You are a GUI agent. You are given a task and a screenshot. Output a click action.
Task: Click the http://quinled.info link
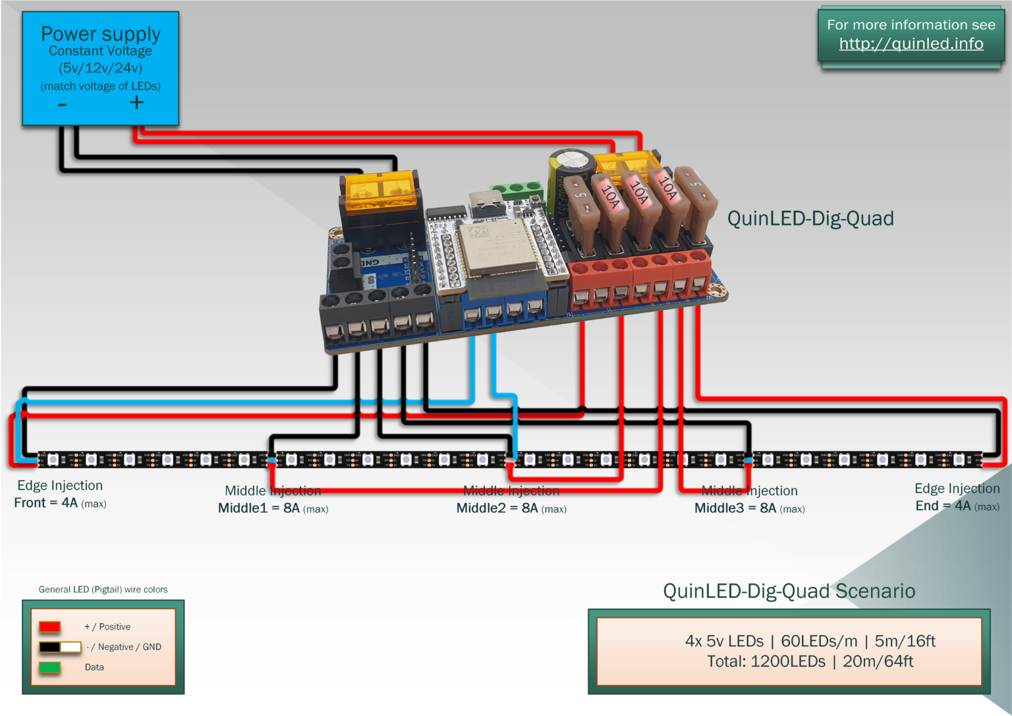[x=911, y=44]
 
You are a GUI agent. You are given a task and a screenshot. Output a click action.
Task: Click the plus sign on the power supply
[x=136, y=102]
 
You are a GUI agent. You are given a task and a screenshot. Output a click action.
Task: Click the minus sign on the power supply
[x=62, y=105]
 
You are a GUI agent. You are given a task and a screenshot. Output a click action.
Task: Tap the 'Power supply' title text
[x=101, y=34]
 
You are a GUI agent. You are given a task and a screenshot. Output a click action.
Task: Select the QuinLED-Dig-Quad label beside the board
[x=810, y=218]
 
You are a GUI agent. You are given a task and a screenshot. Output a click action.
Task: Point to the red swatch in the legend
[x=49, y=626]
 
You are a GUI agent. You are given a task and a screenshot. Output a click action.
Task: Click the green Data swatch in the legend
[x=49, y=667]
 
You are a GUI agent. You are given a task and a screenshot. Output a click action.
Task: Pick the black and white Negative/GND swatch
[x=59, y=647]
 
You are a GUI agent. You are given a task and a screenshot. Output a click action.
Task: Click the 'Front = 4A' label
[x=60, y=503]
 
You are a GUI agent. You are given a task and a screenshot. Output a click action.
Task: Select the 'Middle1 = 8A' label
[x=273, y=508]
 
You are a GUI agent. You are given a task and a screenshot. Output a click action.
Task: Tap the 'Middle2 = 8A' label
[x=511, y=508]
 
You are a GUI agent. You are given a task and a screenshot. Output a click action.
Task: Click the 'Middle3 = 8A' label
[x=749, y=508]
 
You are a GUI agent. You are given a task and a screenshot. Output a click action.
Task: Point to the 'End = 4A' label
[x=957, y=506]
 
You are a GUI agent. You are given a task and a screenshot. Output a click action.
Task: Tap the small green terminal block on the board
[x=518, y=191]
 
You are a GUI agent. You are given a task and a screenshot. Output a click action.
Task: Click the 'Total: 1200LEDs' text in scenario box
[x=810, y=661]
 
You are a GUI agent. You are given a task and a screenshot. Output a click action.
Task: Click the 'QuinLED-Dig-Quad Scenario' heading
[x=789, y=591]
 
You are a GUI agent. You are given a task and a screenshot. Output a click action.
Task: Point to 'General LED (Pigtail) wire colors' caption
[x=103, y=589]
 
